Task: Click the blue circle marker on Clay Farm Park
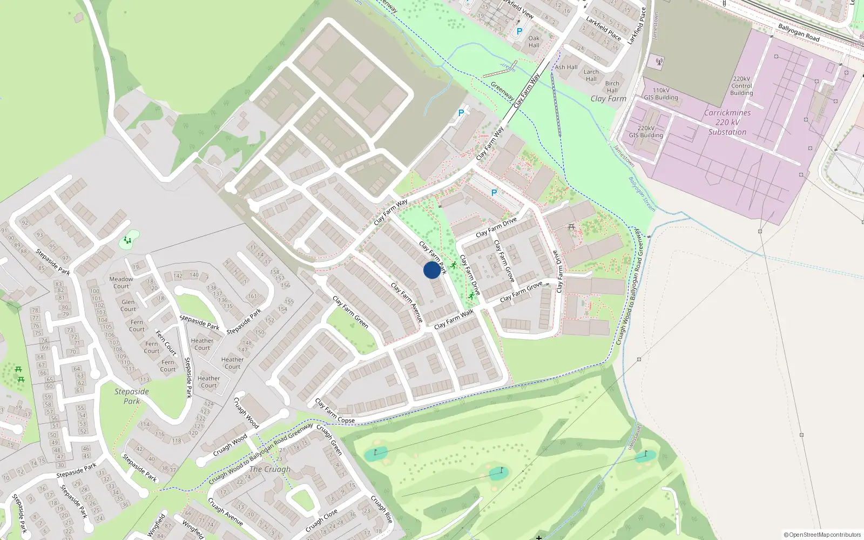pos(431,270)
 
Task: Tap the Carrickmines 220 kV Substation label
pos(727,123)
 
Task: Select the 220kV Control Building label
pos(741,86)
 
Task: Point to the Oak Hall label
pos(534,42)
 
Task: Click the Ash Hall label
pos(566,67)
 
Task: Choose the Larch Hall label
pos(591,75)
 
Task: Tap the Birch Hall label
pos(612,87)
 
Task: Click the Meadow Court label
pos(121,282)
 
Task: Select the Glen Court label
pos(129,306)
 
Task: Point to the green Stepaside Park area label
pos(131,396)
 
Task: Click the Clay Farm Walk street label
pos(454,319)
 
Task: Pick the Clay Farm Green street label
pos(350,312)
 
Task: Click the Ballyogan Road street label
pos(799,32)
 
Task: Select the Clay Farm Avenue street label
pos(407,303)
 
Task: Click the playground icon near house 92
pos(128,240)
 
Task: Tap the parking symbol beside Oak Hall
pos(519,31)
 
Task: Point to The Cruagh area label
pos(269,469)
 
